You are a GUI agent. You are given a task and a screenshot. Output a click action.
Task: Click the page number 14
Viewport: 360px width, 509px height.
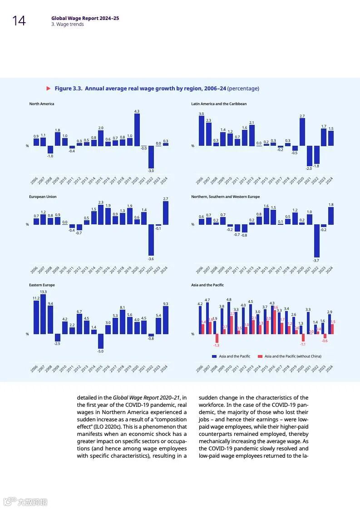[19, 21]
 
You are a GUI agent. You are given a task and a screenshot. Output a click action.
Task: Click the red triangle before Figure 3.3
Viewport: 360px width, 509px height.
[49, 89]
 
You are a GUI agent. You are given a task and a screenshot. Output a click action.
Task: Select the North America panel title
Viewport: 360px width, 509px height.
[42, 104]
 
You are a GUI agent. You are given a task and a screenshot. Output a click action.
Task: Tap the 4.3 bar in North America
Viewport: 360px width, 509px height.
[137, 129]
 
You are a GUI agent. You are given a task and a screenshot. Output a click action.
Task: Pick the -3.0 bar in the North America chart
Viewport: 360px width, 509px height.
[151, 157]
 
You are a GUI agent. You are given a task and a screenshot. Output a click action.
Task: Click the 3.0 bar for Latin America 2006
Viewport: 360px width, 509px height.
[202, 131]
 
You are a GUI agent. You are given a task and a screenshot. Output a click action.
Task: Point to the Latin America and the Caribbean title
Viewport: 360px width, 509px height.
[219, 104]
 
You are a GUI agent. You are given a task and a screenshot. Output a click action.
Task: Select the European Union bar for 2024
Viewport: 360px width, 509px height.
[166, 213]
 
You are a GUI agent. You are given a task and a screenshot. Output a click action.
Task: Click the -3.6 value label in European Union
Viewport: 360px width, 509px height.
[151, 259]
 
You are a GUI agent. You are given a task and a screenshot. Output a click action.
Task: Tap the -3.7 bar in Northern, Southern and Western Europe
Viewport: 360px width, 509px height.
[316, 241]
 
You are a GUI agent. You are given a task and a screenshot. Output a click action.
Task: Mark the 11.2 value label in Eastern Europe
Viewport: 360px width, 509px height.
[36, 298]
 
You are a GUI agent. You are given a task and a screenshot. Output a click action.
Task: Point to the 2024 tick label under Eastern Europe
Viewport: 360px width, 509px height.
[164, 368]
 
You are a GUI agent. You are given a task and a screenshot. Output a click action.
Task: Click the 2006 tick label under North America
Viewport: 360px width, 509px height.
[34, 181]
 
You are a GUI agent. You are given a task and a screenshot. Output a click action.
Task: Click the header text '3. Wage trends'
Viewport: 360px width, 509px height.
[67, 25]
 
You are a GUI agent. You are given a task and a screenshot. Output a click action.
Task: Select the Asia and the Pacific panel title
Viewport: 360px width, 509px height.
[207, 285]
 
